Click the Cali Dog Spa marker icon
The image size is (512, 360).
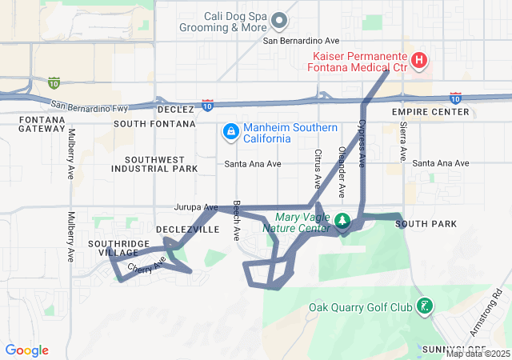(x=279, y=19)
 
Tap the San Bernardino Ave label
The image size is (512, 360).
(x=302, y=40)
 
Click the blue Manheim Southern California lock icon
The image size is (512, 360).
(x=230, y=130)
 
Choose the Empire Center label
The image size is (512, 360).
(x=430, y=112)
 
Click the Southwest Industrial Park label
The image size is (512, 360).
(x=154, y=164)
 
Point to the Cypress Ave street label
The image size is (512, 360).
(x=362, y=142)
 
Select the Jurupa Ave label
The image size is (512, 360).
(x=196, y=207)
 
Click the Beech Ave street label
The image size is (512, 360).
(x=237, y=220)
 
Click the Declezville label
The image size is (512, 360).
(x=187, y=229)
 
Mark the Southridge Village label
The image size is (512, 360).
(x=118, y=247)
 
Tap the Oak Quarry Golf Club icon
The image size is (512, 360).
(x=425, y=306)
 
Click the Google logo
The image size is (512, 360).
(x=26, y=350)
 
